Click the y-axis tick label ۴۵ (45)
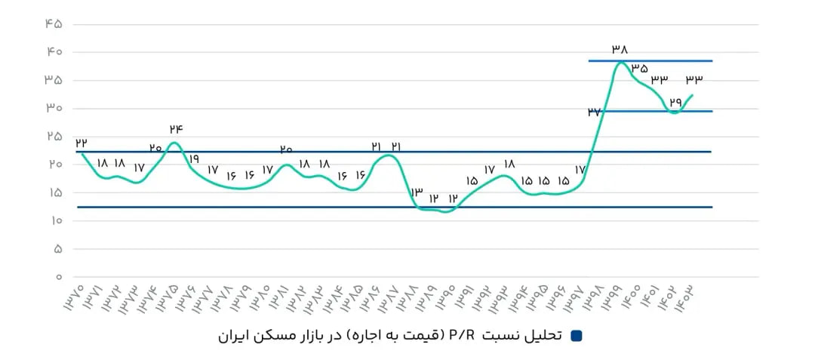pyautogui.click(x=52, y=24)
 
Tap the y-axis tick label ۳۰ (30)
pyautogui.click(x=52, y=108)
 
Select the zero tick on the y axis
pyautogui.click(x=57, y=277)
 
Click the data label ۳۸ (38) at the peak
pyautogui.click(x=620, y=49)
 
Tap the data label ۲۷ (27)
pyautogui.click(x=594, y=112)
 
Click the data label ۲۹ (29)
pyautogui.click(x=675, y=101)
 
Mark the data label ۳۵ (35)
pyautogui.click(x=640, y=68)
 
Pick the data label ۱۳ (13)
pyautogui.click(x=416, y=193)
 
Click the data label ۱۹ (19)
pyautogui.click(x=194, y=159)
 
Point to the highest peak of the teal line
pyautogui.click(x=620, y=63)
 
